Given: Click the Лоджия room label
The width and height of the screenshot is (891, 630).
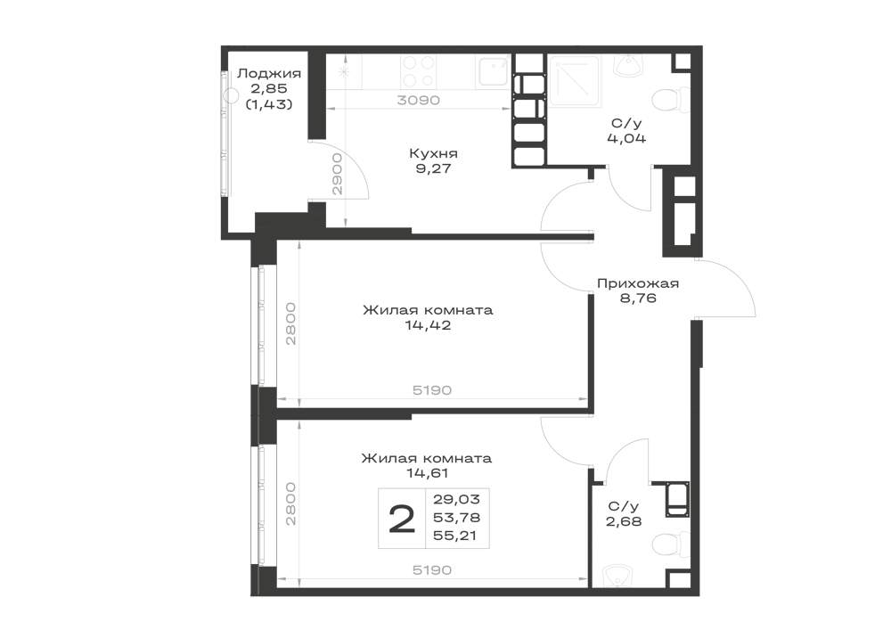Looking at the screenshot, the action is pos(269,73).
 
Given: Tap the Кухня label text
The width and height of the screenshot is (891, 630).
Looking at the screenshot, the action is pos(433,153).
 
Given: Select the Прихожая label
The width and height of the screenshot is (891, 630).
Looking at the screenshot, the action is pos(638,282).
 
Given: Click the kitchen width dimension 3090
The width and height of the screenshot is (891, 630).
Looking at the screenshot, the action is pos(418,100).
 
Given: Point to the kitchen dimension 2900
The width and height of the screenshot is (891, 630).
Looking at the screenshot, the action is pos(338,174).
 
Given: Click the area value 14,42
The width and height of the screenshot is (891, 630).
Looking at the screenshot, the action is pos(428,325).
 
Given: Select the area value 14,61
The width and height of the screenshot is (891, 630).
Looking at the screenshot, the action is pos(427,472).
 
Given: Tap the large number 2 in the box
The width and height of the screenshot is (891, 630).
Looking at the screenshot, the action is pos(402,520).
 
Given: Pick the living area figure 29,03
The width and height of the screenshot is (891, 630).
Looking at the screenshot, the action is pos(456,499).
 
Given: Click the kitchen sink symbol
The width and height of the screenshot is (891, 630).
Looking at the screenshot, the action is pos(493,71).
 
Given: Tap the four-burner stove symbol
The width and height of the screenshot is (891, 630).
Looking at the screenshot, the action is pos(419,71).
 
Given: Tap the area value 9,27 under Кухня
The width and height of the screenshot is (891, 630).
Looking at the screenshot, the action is pos(432,168).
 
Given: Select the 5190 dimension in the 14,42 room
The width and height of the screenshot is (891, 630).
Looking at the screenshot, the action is pos(432,390).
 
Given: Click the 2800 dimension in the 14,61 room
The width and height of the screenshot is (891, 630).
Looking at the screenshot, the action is pos(290,503).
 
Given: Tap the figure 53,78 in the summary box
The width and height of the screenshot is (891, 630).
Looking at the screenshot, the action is pos(456,518).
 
